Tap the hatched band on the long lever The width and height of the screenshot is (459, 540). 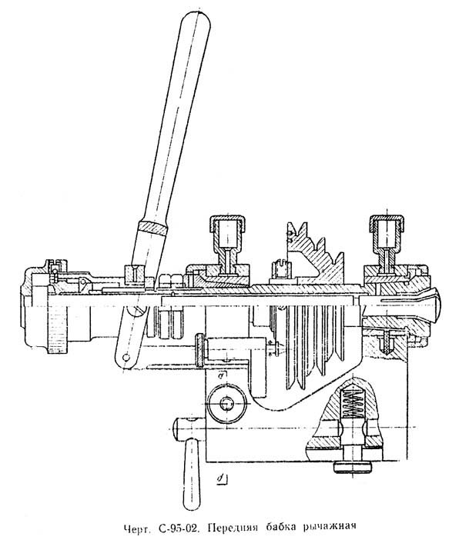point(153,227)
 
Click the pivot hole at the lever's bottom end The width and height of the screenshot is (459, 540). point(126,358)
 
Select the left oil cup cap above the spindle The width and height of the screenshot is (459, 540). point(228,224)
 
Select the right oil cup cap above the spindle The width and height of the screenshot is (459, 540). point(387,223)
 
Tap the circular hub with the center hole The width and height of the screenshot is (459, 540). point(227,403)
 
